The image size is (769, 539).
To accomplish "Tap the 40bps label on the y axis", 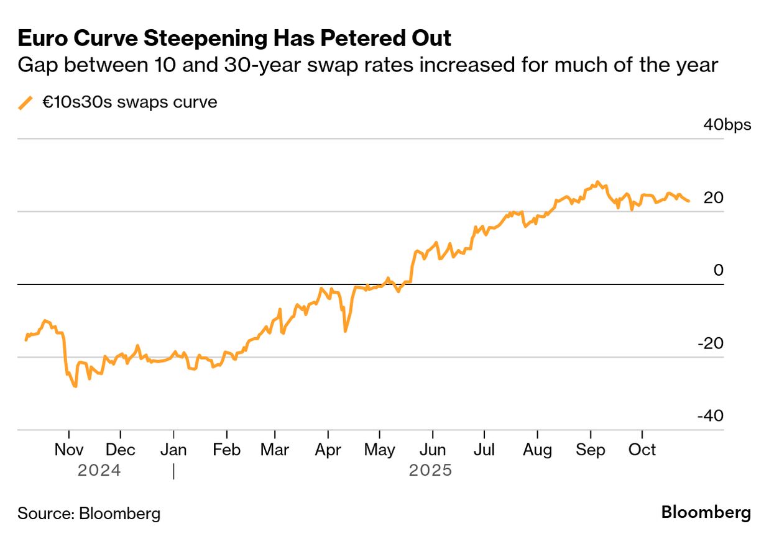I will click(727, 125).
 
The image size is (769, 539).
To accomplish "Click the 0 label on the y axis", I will click(719, 270).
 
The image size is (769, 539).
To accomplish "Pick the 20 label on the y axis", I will click(713, 198).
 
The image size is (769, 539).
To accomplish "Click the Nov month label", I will click(69, 449).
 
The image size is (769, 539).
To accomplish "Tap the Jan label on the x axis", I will click(173, 449).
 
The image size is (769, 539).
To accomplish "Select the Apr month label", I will click(328, 449).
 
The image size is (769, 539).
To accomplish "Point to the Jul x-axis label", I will click(483, 449).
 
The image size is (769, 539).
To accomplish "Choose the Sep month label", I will click(590, 449).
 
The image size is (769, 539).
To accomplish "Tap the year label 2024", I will click(99, 471).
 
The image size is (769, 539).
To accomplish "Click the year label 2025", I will click(430, 471).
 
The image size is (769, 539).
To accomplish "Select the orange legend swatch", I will click(25, 102).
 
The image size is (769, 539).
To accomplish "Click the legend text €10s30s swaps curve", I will click(130, 102).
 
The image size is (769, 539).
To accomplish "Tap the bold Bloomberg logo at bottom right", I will click(706, 513).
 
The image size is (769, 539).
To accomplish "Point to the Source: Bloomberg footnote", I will click(89, 514).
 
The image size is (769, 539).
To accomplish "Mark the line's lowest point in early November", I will click(75, 386).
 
